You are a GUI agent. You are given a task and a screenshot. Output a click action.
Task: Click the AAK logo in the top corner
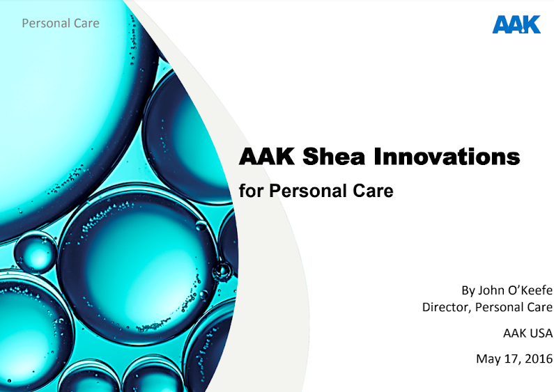(516, 24)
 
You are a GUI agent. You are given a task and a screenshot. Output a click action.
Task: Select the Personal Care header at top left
(61, 23)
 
